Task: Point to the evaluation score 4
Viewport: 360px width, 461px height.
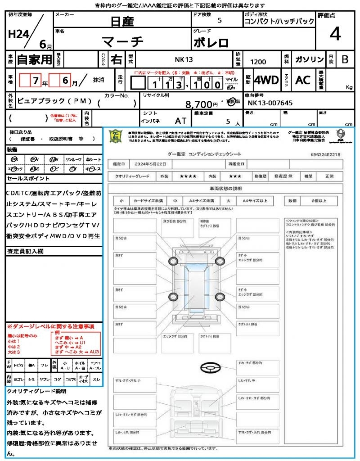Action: tap(335, 34)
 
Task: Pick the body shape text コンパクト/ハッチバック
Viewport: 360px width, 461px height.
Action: tap(279, 22)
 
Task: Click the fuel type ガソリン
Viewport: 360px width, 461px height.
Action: tap(309, 59)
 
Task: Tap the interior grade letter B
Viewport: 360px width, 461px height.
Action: tap(345, 59)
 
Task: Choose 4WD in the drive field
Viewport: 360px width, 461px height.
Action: tap(266, 80)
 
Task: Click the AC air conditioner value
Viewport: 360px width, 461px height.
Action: tap(303, 80)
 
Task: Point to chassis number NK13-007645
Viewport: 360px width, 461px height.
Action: tap(270, 103)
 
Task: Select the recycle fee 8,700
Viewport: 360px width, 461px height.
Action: tap(198, 104)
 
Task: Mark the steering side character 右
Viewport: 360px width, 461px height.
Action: tap(116, 59)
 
